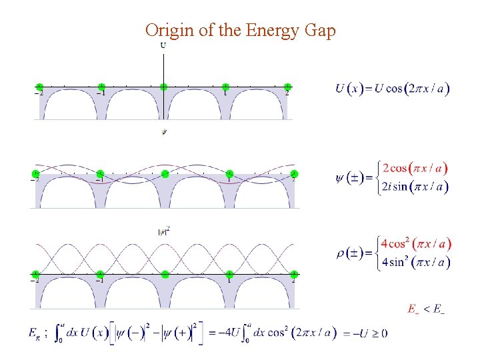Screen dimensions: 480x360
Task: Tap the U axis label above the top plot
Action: coord(163,45)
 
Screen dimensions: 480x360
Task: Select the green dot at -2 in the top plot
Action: coord(39,86)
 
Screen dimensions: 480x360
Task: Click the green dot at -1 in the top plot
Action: coord(101,86)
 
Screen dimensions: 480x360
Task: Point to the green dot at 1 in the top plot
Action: coord(225,86)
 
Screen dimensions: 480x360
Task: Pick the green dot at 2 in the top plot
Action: coord(287,86)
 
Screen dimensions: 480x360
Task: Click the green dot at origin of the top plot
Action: coord(163,86)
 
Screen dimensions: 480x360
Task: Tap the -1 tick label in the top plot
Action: coord(100,93)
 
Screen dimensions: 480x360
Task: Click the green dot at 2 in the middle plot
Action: coord(294,173)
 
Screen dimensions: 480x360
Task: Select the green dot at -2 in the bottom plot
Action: coord(35,273)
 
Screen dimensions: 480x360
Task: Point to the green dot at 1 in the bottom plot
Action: coord(229,273)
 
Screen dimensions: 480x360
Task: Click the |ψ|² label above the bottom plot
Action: coord(163,231)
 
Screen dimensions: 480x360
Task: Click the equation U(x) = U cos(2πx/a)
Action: coord(392,89)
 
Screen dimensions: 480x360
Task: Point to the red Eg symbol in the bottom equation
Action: coord(34,333)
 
